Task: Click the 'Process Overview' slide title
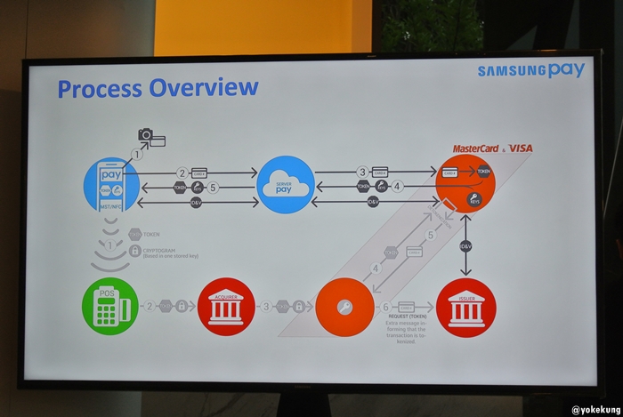coord(158,88)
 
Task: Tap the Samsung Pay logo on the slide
coord(530,70)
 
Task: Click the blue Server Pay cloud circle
coord(286,184)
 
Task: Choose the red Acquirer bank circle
coord(226,307)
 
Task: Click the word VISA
coord(521,148)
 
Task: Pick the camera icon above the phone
coord(146,135)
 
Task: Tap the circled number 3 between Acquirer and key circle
coord(265,307)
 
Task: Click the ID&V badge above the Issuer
coord(465,245)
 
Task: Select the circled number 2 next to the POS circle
coord(150,307)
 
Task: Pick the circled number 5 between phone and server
coord(213,188)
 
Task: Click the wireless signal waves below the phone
coord(110,253)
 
